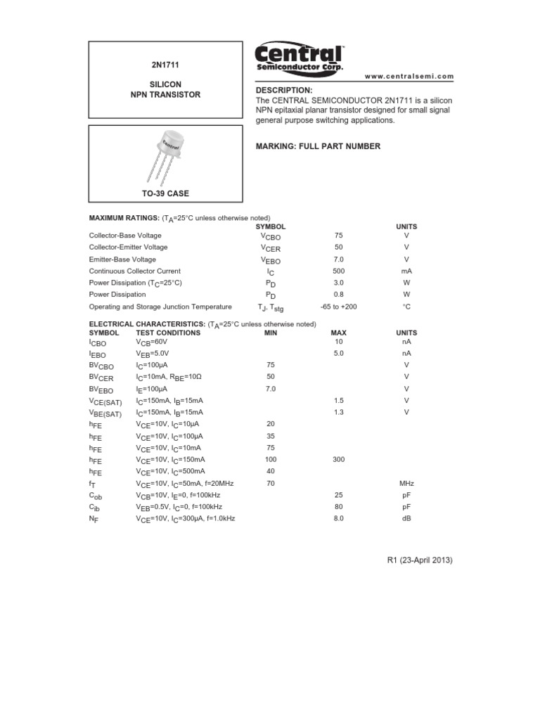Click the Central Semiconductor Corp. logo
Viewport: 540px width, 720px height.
[x=299, y=58]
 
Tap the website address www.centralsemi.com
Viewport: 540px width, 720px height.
[x=409, y=76]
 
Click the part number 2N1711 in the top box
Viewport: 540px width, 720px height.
[x=165, y=65]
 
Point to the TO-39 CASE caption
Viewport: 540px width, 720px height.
[x=165, y=193]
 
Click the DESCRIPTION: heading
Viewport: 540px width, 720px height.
[x=283, y=91]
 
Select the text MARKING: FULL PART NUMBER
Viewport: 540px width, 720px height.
[x=317, y=146]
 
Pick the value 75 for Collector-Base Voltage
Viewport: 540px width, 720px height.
[x=339, y=236]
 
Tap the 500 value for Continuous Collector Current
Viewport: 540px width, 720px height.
[x=339, y=271]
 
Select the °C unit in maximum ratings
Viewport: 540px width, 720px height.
[x=406, y=307]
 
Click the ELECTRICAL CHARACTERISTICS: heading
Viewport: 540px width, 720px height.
[x=146, y=324]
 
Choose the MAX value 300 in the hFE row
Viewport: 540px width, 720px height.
[x=338, y=459]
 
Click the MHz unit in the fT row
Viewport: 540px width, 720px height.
[x=406, y=483]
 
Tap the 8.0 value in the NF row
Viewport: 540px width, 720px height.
[x=338, y=518]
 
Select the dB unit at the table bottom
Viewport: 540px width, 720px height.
[x=406, y=518]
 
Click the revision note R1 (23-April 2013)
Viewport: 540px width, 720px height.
[x=420, y=560]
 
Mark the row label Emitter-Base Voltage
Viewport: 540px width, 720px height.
[x=122, y=259]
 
